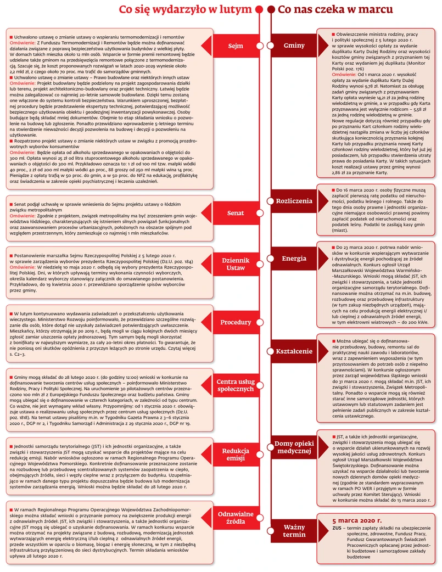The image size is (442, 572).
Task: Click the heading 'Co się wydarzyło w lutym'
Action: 186,10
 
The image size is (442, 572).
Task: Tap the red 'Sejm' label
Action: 236,46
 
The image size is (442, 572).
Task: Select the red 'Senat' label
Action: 236,212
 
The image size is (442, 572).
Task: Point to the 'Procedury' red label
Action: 236,322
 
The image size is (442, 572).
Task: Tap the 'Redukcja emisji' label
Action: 236,454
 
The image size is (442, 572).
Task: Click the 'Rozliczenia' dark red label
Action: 294,201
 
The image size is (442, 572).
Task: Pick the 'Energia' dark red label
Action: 294,258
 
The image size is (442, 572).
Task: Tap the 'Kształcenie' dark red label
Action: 294,349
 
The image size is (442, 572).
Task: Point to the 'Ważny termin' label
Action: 294,531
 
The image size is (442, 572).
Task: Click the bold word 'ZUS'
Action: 337,528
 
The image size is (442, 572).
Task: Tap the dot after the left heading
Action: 260,10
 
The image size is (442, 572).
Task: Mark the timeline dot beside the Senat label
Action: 260,212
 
